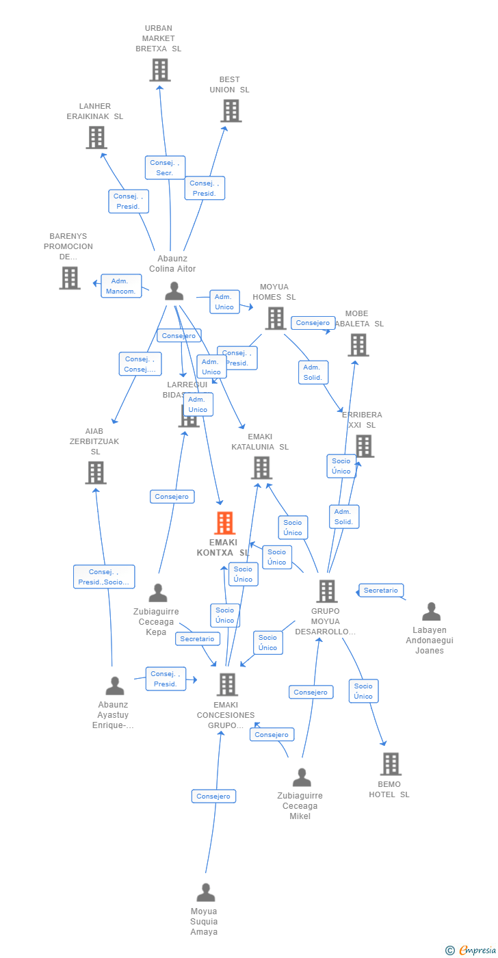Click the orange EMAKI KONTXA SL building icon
tap(224, 523)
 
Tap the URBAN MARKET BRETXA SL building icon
tap(159, 70)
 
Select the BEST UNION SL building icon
tap(231, 110)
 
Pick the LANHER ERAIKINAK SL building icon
tap(96, 138)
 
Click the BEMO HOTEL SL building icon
tap(391, 764)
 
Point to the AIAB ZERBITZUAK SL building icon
tap(96, 472)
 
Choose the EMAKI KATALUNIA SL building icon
tap(261, 468)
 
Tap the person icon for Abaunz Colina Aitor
tap(174, 292)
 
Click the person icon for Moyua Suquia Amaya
tap(206, 893)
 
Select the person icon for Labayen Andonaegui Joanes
tap(431, 612)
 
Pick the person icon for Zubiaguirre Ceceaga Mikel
tap(302, 778)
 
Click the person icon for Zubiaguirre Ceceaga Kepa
tap(158, 593)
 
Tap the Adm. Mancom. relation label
tap(121, 286)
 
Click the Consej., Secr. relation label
tap(165, 168)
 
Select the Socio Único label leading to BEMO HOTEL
tap(363, 691)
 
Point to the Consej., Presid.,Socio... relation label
tap(104, 577)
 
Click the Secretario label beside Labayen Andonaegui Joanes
tap(381, 590)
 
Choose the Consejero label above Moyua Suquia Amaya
tap(213, 796)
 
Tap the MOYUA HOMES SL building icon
tap(275, 318)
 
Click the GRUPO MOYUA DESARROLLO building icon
tap(327, 591)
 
